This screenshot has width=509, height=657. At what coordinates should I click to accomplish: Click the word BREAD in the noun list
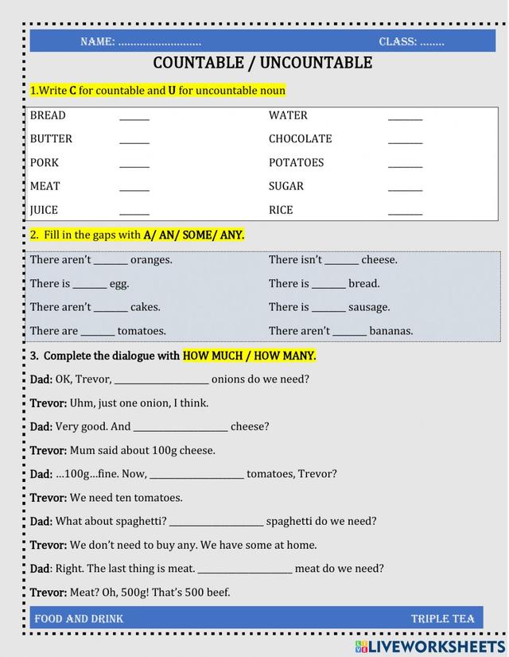tap(48, 115)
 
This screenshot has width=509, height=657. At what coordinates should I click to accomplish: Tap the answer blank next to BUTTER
tap(134, 141)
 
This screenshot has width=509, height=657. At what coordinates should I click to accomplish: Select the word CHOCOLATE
tap(300, 138)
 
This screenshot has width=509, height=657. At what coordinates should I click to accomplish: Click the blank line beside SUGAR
tap(405, 189)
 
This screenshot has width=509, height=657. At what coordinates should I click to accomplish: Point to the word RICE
tap(281, 210)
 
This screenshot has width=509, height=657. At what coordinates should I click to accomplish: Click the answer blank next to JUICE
tap(134, 212)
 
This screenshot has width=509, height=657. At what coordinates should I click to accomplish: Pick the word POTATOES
tap(296, 162)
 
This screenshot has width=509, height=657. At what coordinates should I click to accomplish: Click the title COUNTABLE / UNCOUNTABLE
tap(262, 63)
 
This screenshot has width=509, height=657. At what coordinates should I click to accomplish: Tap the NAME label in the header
tap(97, 42)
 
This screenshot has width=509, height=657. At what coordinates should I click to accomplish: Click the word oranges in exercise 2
tap(151, 259)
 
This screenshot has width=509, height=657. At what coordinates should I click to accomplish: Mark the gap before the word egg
tap(90, 286)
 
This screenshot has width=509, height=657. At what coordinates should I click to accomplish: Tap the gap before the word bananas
tap(350, 333)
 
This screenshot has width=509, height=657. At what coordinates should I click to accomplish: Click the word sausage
tap(370, 307)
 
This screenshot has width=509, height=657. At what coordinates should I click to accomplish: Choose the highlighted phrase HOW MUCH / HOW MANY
tap(249, 356)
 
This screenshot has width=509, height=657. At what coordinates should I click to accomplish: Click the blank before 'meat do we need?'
tap(245, 570)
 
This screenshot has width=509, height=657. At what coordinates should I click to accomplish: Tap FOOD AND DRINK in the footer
tap(79, 618)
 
